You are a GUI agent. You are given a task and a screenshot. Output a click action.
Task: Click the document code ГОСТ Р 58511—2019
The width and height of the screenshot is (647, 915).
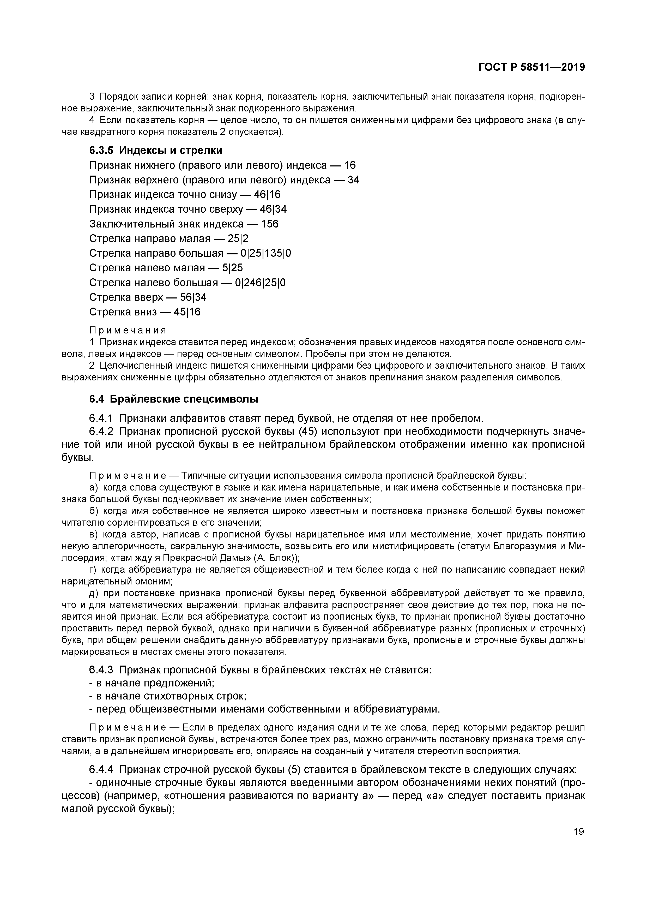tap(531, 67)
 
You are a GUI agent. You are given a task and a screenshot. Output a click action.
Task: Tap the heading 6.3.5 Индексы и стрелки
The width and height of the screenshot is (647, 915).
tap(155, 151)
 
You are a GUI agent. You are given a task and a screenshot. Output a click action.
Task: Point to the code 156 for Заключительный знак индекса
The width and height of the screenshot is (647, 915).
tap(269, 224)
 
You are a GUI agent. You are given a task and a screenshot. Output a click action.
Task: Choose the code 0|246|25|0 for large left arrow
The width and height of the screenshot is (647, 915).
tap(260, 283)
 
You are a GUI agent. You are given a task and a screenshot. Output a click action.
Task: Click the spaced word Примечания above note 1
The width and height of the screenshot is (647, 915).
tap(128, 330)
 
